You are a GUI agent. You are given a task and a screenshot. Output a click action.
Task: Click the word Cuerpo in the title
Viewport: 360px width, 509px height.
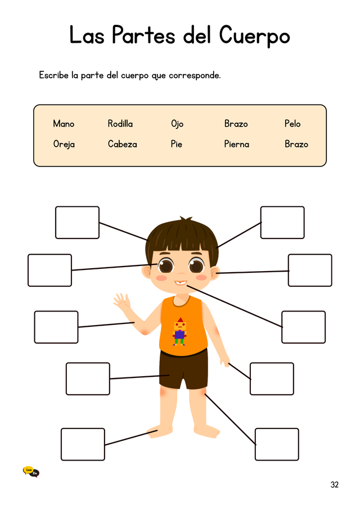click(x=254, y=35)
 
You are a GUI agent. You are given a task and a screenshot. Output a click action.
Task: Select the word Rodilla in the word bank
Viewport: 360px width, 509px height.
click(x=120, y=124)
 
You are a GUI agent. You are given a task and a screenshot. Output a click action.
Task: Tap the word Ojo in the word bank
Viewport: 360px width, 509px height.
click(x=177, y=124)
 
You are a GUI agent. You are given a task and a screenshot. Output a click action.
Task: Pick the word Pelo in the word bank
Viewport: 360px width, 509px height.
click(x=292, y=124)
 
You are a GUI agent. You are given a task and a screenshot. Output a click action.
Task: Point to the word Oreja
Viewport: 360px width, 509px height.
click(x=64, y=144)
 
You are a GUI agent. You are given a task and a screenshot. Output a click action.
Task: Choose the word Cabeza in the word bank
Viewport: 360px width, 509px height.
click(x=123, y=144)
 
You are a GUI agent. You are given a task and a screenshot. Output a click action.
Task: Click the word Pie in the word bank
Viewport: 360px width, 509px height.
click(x=176, y=144)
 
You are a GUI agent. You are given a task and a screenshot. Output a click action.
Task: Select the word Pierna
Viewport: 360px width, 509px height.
click(x=237, y=144)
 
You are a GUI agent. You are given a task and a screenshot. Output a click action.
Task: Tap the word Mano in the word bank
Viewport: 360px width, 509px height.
click(x=64, y=124)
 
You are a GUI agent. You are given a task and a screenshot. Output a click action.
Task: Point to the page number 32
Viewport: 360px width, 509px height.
click(x=334, y=485)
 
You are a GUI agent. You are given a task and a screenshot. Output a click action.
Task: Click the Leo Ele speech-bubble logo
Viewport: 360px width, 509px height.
click(x=31, y=472)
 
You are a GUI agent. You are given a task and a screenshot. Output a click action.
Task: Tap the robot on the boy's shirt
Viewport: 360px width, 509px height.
click(x=179, y=331)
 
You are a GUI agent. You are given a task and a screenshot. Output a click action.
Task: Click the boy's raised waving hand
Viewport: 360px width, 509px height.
click(x=121, y=301)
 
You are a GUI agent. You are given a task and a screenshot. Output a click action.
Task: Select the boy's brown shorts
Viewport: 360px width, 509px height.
click(x=183, y=369)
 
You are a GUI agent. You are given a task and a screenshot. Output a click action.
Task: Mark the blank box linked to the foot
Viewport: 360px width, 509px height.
click(x=83, y=444)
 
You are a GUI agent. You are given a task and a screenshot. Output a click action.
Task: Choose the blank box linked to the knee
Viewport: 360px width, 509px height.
click(x=277, y=444)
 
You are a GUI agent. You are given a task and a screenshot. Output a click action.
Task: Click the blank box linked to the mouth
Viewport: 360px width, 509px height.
click(x=303, y=327)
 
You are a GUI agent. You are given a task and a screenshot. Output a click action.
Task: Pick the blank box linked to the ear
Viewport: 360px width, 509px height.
click(x=310, y=270)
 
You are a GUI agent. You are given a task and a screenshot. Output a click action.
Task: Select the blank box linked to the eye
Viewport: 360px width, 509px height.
click(x=49, y=270)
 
